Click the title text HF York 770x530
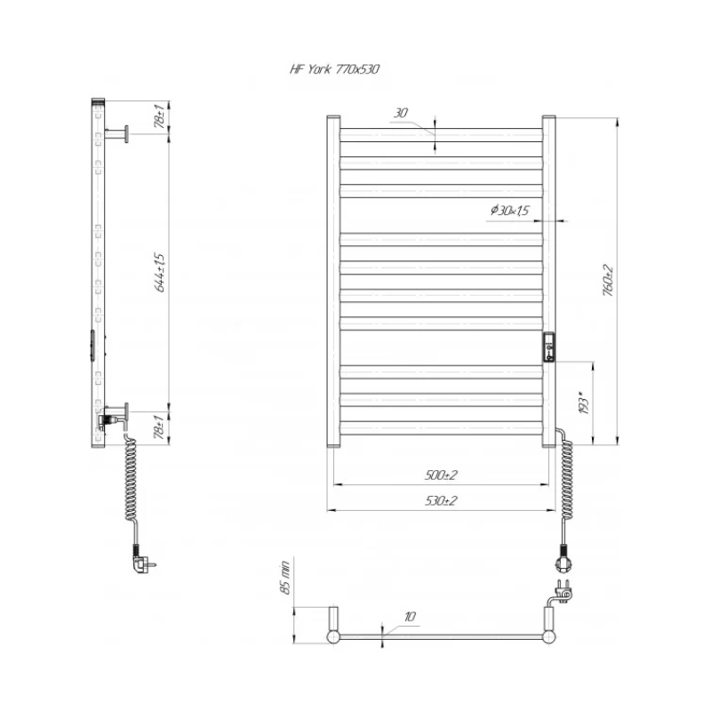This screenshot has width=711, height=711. coord(335,69)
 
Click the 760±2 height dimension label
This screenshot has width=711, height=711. coord(608,280)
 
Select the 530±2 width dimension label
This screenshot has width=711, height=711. coord(441,500)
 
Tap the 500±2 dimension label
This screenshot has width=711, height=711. coord(441,475)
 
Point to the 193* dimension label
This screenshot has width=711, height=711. coord(584,403)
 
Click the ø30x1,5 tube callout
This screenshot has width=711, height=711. coord(510,210)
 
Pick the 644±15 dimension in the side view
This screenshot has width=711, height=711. coord(160,272)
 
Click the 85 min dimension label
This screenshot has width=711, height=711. coord(284,578)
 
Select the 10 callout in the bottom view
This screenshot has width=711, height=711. coord(410,617)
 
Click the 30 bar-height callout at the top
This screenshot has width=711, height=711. coord(401,113)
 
